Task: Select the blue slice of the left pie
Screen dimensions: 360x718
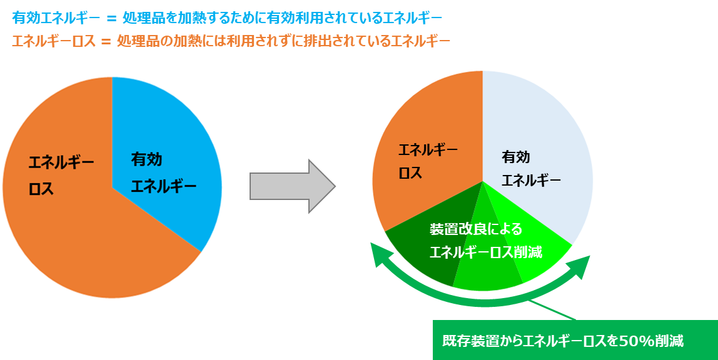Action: click(169, 144)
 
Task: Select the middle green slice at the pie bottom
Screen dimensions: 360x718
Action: click(488, 275)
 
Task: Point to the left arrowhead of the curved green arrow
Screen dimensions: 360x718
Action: click(378, 254)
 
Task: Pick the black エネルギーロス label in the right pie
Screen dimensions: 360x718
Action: click(428, 161)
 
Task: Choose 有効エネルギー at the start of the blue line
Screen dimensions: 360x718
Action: click(56, 17)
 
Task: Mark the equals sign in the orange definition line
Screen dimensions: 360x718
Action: click(106, 42)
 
